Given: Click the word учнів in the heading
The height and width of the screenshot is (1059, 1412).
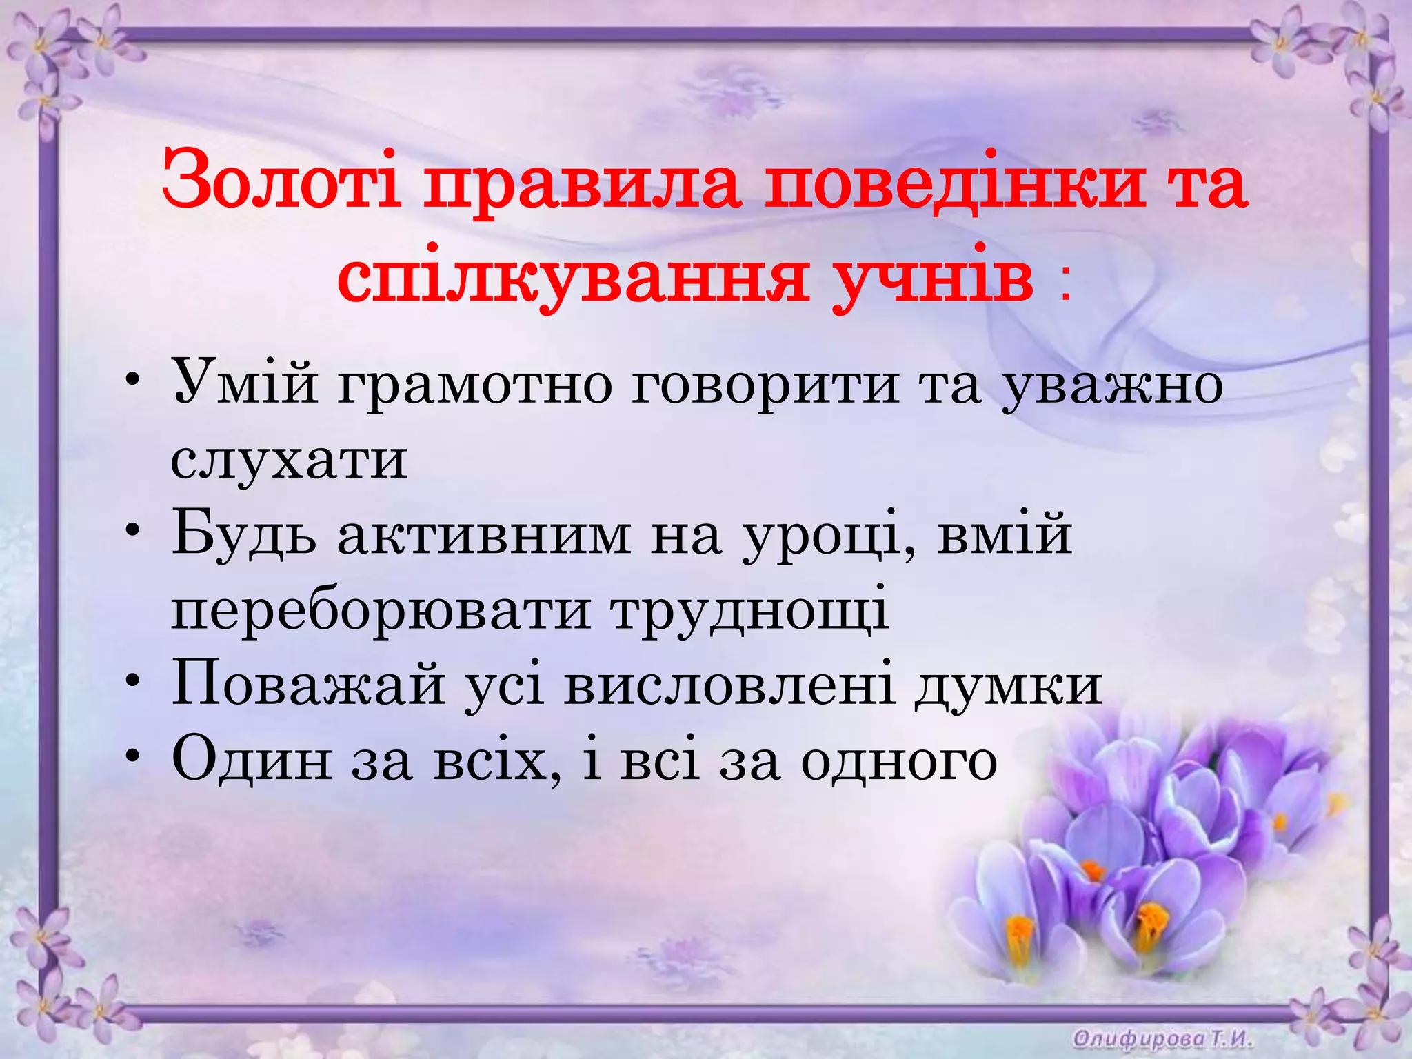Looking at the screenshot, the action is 933,279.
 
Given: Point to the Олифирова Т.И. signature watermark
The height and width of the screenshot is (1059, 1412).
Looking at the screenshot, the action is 1162,1038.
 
